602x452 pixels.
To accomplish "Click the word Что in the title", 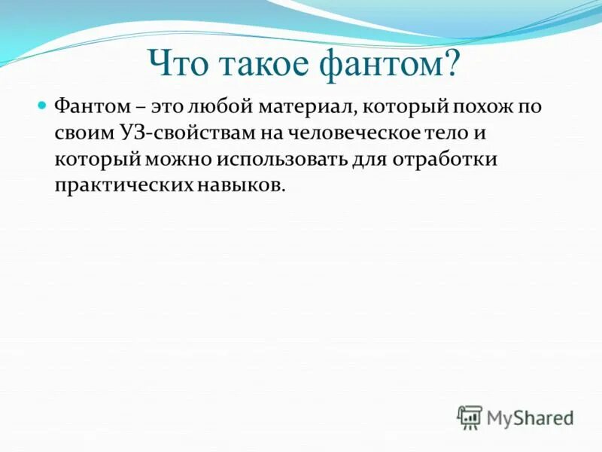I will (179, 64).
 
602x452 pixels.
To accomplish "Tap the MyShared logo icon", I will (470, 417).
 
